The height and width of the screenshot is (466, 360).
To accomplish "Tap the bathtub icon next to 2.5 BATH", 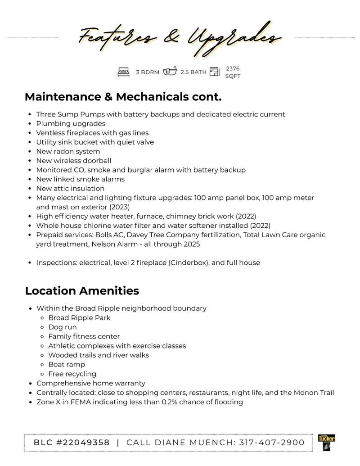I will [170, 72].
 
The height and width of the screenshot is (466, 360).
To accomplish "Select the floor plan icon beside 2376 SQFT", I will [214, 72].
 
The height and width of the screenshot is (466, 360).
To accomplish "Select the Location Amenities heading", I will [82, 291].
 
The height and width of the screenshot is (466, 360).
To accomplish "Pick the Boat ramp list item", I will [67, 365].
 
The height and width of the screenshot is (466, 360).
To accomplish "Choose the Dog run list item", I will [63, 327].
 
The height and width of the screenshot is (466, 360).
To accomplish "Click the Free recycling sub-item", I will [72, 374].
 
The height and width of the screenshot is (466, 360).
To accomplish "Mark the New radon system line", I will [68, 151].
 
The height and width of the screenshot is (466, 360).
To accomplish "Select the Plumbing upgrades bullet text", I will [71, 123].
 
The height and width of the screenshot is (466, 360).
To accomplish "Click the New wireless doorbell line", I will [73, 161].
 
